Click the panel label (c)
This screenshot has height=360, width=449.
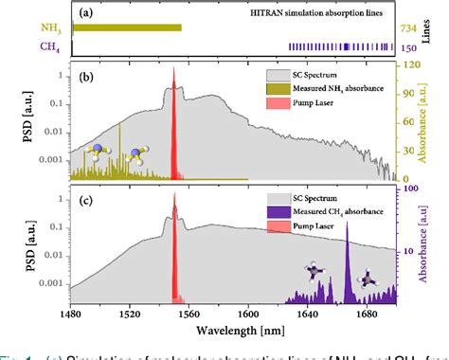[85, 198]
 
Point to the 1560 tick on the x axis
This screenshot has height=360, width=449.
[189, 317]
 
